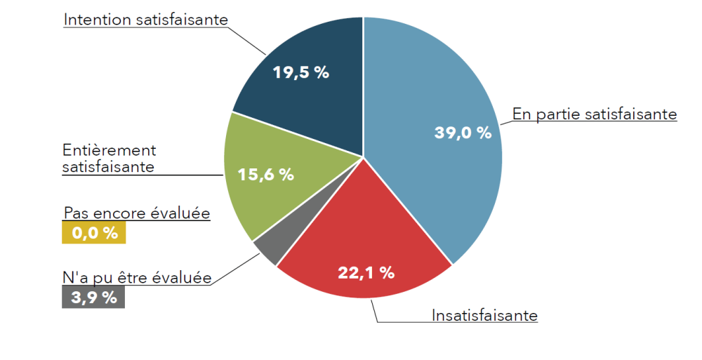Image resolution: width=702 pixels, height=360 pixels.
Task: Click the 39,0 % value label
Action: coord(463,133)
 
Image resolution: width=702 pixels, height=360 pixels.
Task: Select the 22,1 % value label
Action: coord(366,272)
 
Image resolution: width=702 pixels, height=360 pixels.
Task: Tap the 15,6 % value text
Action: coord(265,174)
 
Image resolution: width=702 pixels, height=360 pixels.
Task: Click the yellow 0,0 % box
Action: coord(93,233)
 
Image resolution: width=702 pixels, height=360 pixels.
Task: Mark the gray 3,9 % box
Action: coord(93,297)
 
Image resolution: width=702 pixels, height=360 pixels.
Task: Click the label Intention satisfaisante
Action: coord(146,20)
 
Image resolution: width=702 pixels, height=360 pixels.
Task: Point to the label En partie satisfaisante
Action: coord(595,114)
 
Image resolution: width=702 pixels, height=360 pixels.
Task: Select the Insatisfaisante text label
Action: coord(484,316)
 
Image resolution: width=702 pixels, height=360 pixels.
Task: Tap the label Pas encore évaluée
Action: coord(137,213)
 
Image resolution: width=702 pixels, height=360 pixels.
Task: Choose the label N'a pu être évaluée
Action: coord(137,278)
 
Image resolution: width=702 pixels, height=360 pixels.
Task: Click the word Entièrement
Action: coord(109,150)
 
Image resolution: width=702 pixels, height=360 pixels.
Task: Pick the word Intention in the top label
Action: coord(97,20)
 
